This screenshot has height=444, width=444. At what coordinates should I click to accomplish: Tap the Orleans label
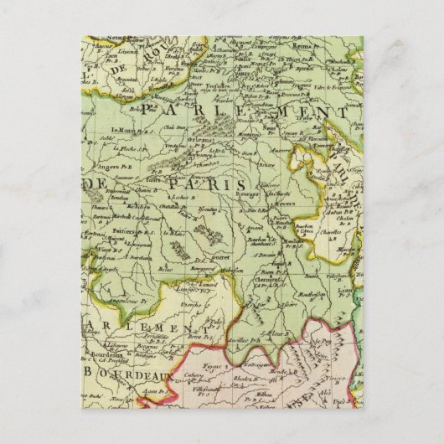pos(177,140)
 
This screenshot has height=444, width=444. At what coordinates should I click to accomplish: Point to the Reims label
pos(305,52)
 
